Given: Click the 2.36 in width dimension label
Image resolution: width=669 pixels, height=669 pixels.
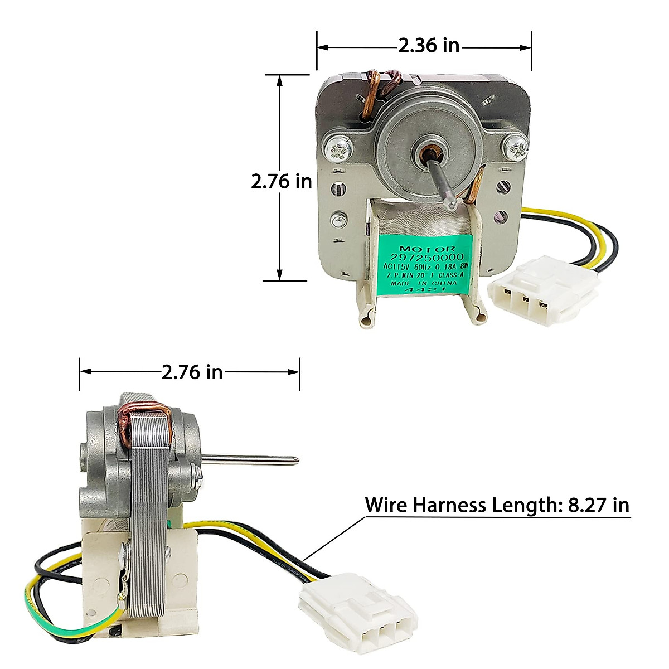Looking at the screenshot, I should coord(428,45).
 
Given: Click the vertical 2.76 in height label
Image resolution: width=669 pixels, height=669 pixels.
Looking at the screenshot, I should coord(281,181).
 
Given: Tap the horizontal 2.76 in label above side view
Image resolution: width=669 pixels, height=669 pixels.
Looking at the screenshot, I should coord(192,371).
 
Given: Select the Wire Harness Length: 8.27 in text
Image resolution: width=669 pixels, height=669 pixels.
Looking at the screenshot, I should coord(497,505).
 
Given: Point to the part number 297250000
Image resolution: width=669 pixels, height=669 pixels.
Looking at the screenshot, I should coord(431,256).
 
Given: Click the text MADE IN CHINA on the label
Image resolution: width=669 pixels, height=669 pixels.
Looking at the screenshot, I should coord(431,283).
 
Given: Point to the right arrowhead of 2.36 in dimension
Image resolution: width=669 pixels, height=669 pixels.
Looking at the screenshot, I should coord(527,48).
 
